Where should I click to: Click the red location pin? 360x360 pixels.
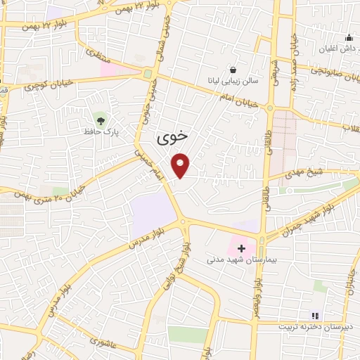(181, 165)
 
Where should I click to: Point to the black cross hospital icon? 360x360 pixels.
(241, 248)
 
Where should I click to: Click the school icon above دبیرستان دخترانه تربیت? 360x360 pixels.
(315, 316)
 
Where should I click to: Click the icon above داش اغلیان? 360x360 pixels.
(349, 37)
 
